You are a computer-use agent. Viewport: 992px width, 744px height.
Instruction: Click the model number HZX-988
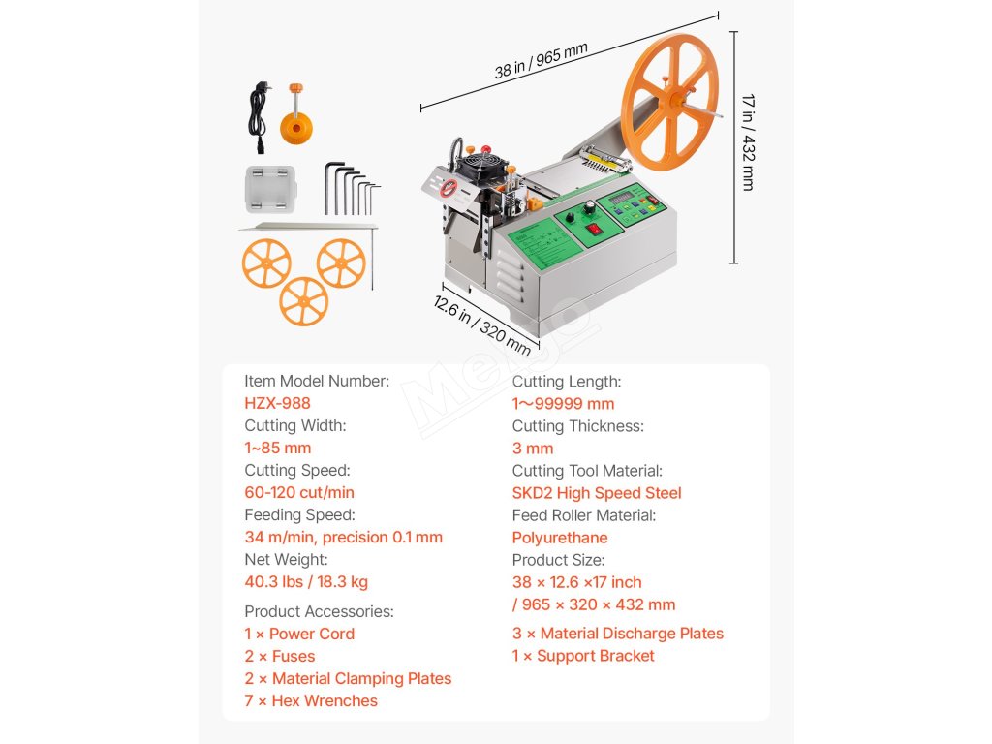[277, 403]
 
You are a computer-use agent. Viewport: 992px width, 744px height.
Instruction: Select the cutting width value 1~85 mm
[277, 448]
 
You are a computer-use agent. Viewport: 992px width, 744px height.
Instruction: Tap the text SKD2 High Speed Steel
[596, 492]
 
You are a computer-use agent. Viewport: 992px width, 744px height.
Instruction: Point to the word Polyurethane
[560, 538]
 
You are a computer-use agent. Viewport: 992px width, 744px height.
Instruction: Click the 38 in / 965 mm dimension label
[541, 60]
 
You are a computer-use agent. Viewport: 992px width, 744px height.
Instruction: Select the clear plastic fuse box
[264, 189]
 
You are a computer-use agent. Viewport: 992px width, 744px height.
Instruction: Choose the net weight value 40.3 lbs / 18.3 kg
[306, 582]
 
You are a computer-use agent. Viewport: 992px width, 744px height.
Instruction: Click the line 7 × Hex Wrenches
[311, 700]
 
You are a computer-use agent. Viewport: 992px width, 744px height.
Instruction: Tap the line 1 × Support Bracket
[583, 656]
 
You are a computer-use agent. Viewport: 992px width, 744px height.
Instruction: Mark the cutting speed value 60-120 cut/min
[299, 492]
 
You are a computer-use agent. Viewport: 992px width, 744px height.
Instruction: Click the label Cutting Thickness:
[577, 426]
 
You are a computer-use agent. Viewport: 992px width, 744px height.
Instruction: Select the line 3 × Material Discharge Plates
[618, 634]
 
